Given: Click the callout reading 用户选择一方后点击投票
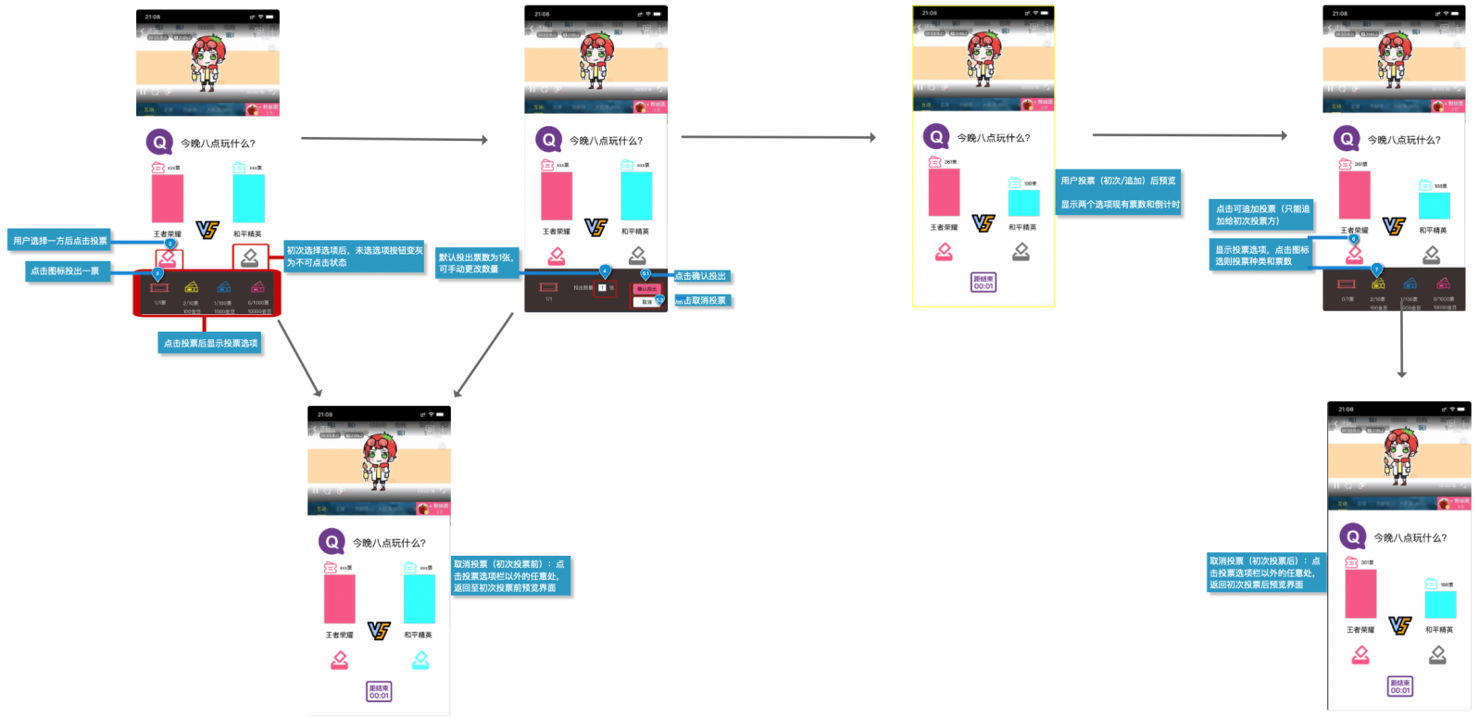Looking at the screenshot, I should point(60,241).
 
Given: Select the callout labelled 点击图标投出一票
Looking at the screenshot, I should point(65,271).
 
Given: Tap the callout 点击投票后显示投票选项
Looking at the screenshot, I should point(210,344).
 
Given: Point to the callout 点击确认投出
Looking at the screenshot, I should point(701,276).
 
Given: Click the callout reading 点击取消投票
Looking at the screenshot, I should point(704,300).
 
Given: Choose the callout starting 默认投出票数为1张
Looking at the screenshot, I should point(476,263).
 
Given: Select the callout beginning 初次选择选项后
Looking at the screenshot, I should point(355,257).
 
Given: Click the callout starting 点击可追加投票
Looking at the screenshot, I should point(1261,215).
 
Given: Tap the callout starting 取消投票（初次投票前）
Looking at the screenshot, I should point(510,575).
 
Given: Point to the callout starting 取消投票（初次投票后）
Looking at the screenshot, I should point(1266,572).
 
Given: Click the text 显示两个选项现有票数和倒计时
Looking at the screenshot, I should point(1120,205).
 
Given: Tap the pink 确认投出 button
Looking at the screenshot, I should point(646,289).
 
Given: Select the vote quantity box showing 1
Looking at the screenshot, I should point(602,288).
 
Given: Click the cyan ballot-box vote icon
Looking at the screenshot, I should point(420,660).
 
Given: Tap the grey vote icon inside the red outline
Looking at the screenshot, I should point(250,257).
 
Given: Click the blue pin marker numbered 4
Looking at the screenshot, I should point(605,271).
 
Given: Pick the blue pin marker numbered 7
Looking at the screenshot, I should point(1376,270).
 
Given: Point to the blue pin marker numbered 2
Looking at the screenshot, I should point(170,244).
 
